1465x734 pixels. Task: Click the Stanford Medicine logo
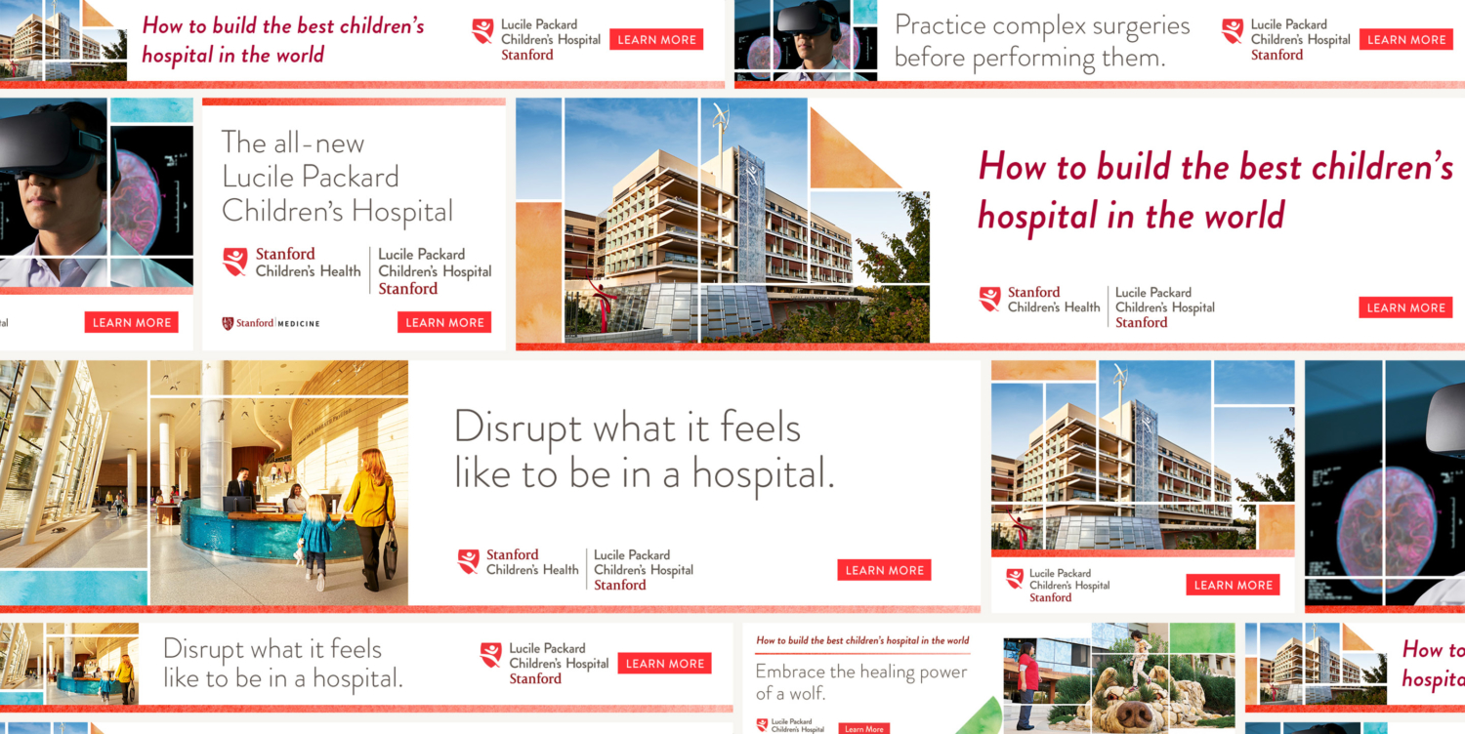click(x=271, y=323)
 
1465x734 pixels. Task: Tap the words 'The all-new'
click(x=292, y=143)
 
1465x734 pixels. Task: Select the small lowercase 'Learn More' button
click(x=863, y=728)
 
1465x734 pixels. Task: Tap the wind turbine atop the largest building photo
click(x=722, y=121)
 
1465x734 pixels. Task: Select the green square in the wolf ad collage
click(x=1201, y=639)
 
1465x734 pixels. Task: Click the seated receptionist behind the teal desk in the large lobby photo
click(x=294, y=498)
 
